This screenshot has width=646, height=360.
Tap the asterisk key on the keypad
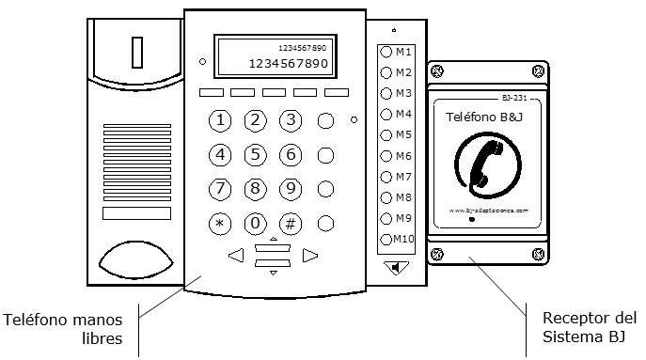[220, 224]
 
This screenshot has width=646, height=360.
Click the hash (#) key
[291, 224]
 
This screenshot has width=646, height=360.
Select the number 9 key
[291, 189]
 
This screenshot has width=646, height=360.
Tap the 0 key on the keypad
[255, 224]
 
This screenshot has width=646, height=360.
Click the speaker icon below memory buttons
[398, 268]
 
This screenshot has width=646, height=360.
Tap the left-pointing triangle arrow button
[236, 254]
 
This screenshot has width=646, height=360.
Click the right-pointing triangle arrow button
[310, 254]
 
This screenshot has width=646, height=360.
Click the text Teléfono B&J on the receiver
[486, 117]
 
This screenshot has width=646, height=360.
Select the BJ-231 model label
[512, 98]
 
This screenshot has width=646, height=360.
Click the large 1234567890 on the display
[288, 64]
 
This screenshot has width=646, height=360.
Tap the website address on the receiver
[488, 211]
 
